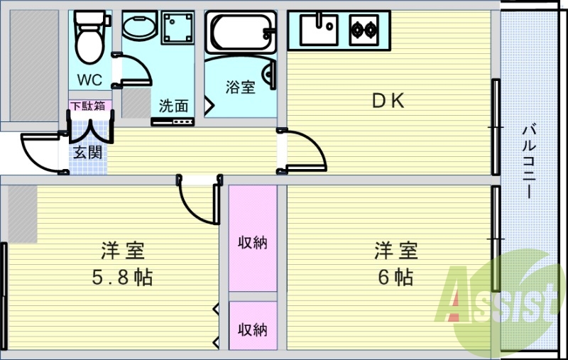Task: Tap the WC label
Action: pos(89,80)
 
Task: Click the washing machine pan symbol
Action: pos(177,28)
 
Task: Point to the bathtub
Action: pos(241,33)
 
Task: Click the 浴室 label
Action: pos(241,87)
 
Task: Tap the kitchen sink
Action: pos(319,30)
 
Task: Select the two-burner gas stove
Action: pos(364,30)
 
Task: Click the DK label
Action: pos(388,101)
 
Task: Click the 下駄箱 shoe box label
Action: pos(87,106)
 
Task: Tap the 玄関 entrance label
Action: pos(87,152)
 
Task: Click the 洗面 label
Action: pos(173,106)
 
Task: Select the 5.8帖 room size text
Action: pos(122,278)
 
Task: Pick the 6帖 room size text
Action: pos(395,278)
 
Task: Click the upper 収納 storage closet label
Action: pos(253,242)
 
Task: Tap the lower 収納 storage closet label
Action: pos(253,329)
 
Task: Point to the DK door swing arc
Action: pos(316,144)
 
